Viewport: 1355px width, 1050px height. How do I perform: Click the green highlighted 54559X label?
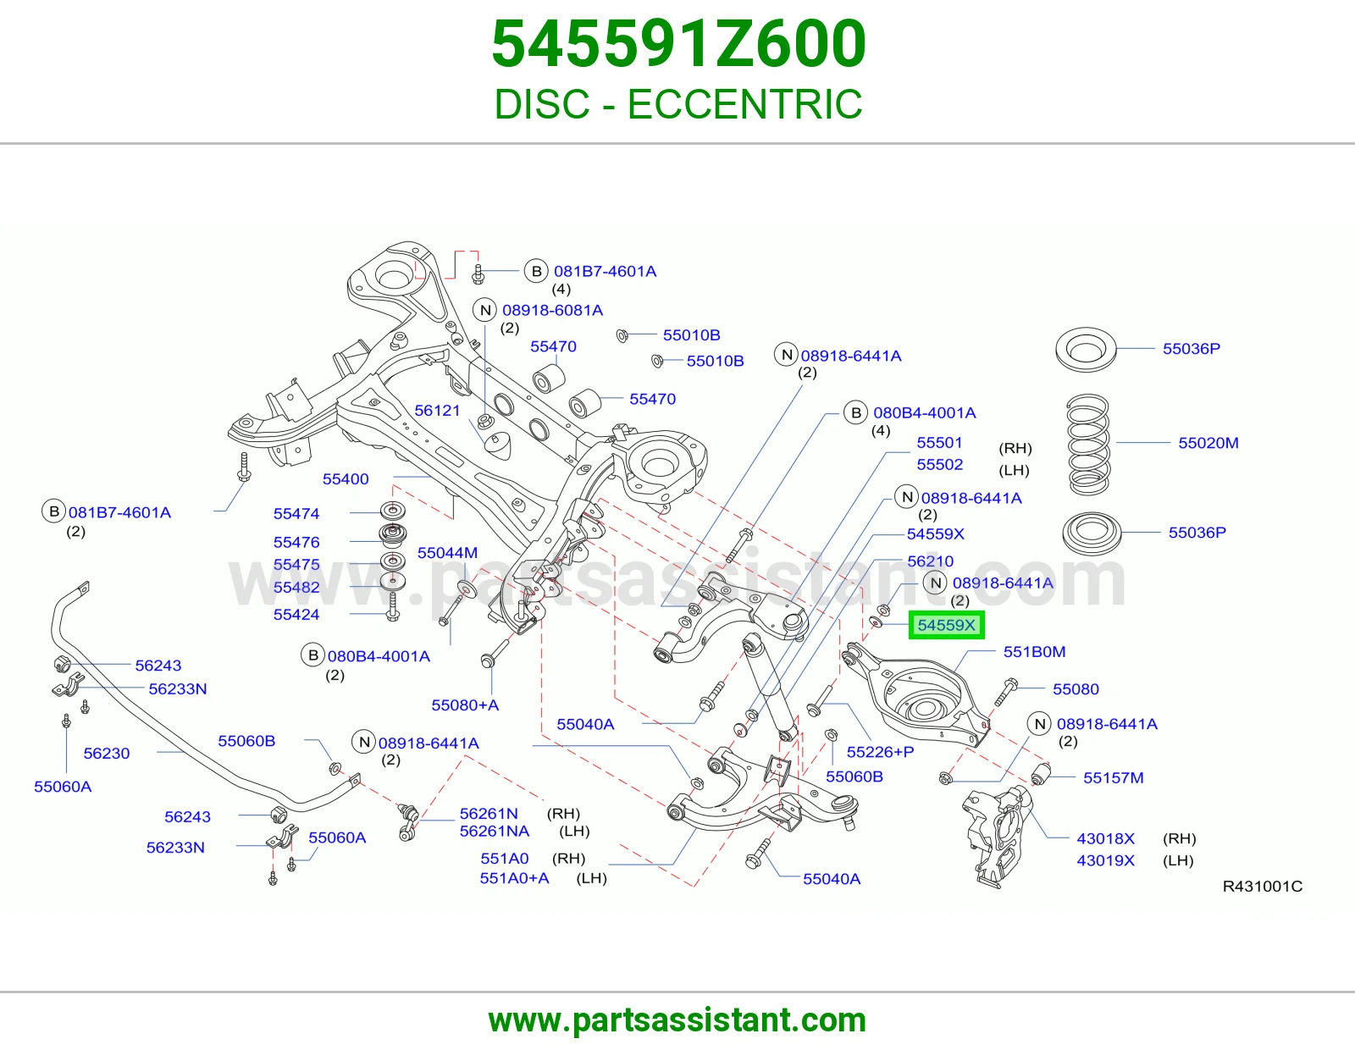[946, 625]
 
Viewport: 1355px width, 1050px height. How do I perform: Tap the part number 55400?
[346, 479]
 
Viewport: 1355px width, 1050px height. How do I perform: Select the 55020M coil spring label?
[1208, 443]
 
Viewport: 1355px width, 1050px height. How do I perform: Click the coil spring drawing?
[1088, 444]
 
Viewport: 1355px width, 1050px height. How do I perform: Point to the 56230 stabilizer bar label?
[107, 754]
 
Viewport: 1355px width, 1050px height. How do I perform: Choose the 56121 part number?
[437, 411]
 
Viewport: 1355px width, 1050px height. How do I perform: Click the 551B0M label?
[1035, 651]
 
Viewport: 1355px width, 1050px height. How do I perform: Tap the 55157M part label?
[1113, 777]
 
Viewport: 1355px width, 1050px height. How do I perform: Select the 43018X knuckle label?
[1105, 838]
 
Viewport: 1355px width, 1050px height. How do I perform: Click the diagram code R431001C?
[1263, 886]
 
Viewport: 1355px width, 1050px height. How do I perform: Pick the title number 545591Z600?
[678, 43]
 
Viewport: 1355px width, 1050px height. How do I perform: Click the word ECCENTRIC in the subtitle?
[745, 104]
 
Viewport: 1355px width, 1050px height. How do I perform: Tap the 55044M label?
[447, 552]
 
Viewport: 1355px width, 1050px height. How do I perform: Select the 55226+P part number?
[880, 752]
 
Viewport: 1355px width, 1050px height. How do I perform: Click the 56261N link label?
[489, 814]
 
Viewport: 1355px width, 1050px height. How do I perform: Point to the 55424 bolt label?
[296, 614]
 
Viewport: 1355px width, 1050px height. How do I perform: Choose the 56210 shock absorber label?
[931, 561]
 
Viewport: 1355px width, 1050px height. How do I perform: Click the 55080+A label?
[465, 705]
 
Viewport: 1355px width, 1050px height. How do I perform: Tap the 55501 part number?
[940, 443]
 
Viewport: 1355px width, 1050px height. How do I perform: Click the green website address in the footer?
[677, 1020]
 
